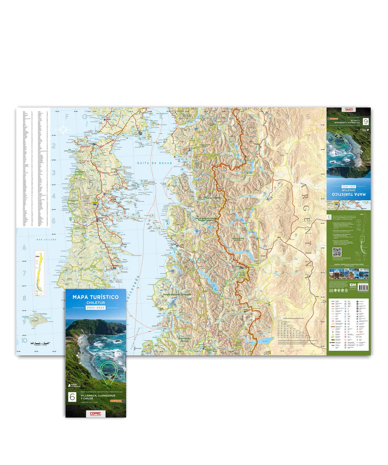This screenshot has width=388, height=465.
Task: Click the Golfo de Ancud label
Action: click(x=154, y=163)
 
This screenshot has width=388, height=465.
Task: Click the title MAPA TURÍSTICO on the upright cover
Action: click(x=95, y=297)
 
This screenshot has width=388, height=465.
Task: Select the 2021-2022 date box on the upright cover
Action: click(x=95, y=309)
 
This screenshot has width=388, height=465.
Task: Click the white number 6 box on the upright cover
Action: click(x=71, y=397)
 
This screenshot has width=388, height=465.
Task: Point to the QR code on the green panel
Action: click(x=337, y=252)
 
